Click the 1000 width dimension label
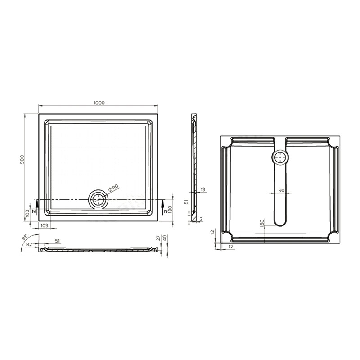click(99, 103)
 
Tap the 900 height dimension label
click(22, 159)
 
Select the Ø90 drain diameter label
click(113, 188)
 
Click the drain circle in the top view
click(98, 199)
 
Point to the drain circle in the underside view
click(280, 157)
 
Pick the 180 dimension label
click(170, 210)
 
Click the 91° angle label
click(24, 237)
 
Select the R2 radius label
click(29, 244)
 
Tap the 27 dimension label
click(158, 238)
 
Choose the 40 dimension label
click(165, 238)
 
